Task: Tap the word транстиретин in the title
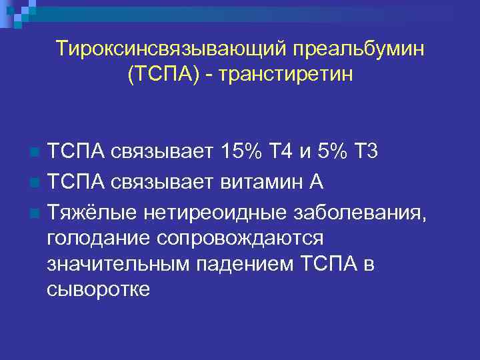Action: [289, 75]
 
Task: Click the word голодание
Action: [100, 238]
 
